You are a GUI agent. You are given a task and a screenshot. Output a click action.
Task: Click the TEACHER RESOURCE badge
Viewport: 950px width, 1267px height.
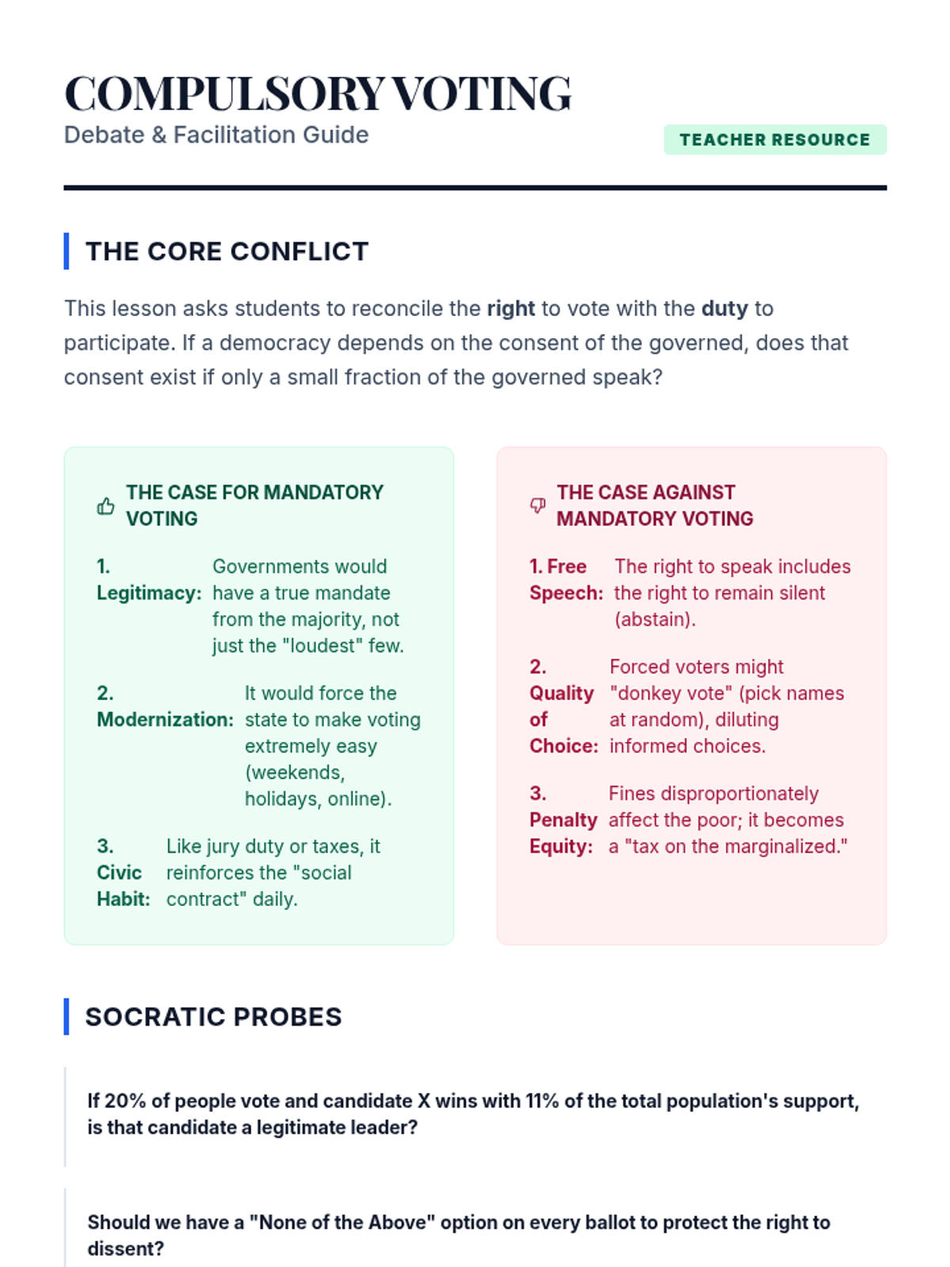point(774,139)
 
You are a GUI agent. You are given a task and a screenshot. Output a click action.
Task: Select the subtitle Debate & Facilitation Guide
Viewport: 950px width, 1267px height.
point(216,135)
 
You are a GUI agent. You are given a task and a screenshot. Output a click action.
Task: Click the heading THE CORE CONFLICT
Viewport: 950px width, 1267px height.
point(226,251)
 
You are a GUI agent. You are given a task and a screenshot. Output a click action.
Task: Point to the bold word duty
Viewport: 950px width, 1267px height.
point(724,308)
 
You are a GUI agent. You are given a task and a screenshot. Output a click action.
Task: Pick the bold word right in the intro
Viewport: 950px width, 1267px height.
point(511,308)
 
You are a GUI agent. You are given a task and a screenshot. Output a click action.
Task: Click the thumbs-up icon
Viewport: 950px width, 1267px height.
point(105,506)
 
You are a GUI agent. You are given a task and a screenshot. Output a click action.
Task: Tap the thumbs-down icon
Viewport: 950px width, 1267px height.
point(538,505)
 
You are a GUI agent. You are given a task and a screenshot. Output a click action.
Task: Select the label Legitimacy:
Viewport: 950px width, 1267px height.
point(149,593)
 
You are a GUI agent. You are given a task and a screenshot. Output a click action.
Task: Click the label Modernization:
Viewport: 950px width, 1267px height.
point(165,720)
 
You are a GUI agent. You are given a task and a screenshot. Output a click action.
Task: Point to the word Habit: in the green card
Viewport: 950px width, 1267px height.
point(123,899)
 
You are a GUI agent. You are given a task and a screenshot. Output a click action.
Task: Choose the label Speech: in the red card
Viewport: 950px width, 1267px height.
point(566,593)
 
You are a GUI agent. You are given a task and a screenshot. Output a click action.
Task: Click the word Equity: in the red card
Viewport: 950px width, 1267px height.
point(560,847)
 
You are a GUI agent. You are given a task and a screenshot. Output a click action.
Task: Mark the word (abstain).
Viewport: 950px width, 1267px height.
point(655,619)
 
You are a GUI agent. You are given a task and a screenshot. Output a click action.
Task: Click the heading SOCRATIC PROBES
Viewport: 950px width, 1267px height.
point(213,1017)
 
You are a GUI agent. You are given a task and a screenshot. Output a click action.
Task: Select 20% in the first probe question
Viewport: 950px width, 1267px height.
point(125,1101)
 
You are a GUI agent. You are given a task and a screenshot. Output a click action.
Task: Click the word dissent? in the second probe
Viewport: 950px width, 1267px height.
point(125,1249)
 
